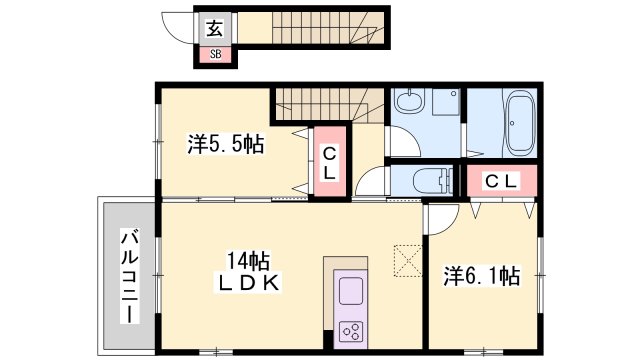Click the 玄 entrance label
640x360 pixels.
(215, 28)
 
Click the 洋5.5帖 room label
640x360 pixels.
(225, 144)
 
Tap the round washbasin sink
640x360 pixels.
(411, 103)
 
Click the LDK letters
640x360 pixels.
(244, 282)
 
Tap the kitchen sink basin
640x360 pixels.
(353, 292)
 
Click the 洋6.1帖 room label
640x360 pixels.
(482, 276)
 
